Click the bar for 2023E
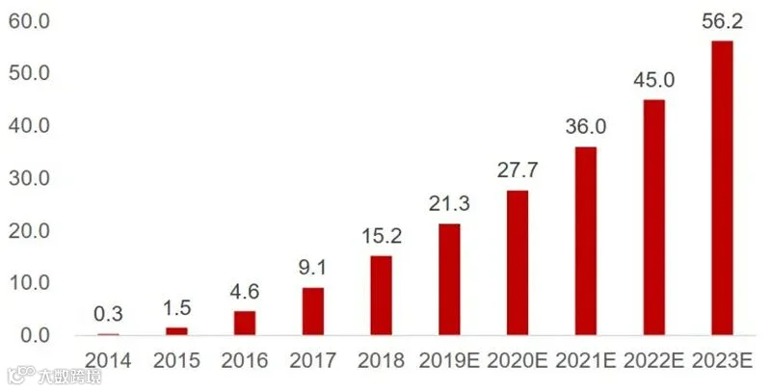(722, 188)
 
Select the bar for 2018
(381, 296)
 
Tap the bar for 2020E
(518, 263)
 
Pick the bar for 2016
(245, 324)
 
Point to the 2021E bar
(586, 241)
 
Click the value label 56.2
(722, 22)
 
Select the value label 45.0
(654, 81)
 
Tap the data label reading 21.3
(449, 204)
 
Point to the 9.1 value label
(312, 268)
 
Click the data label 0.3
(108, 314)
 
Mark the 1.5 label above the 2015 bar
(176, 308)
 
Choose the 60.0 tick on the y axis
(29, 21)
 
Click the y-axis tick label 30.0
(29, 179)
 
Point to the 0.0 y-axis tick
(35, 336)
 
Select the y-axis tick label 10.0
(29, 283)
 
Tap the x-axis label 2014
(108, 361)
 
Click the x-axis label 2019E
(449, 361)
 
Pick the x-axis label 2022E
(654, 361)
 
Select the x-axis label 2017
(312, 361)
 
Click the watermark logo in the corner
(55, 376)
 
